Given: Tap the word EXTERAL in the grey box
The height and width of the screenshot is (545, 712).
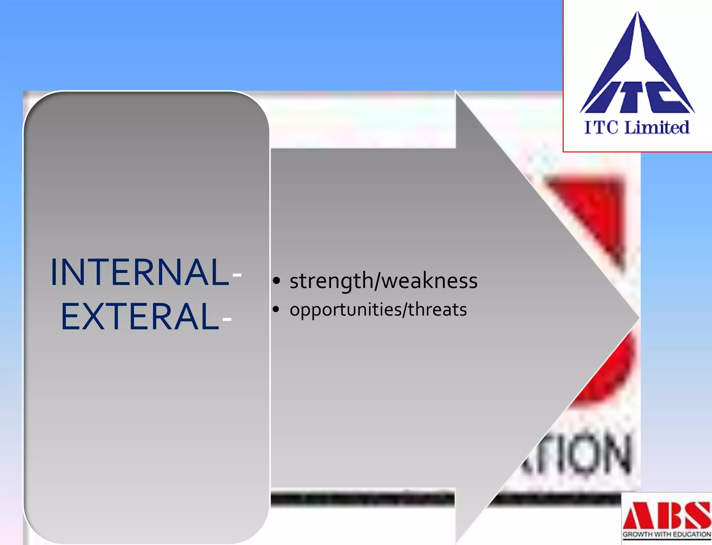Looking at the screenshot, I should [x=140, y=317].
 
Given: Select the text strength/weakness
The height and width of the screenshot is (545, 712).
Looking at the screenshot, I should [x=383, y=281].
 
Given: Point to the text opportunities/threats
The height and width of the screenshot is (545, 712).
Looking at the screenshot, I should [x=378, y=309].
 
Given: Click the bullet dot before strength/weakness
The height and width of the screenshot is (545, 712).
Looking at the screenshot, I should [x=276, y=281].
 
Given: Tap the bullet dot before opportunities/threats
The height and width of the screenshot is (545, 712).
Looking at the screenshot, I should [x=276, y=309].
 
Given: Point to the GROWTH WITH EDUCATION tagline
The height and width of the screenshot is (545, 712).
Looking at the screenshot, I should [x=667, y=535].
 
